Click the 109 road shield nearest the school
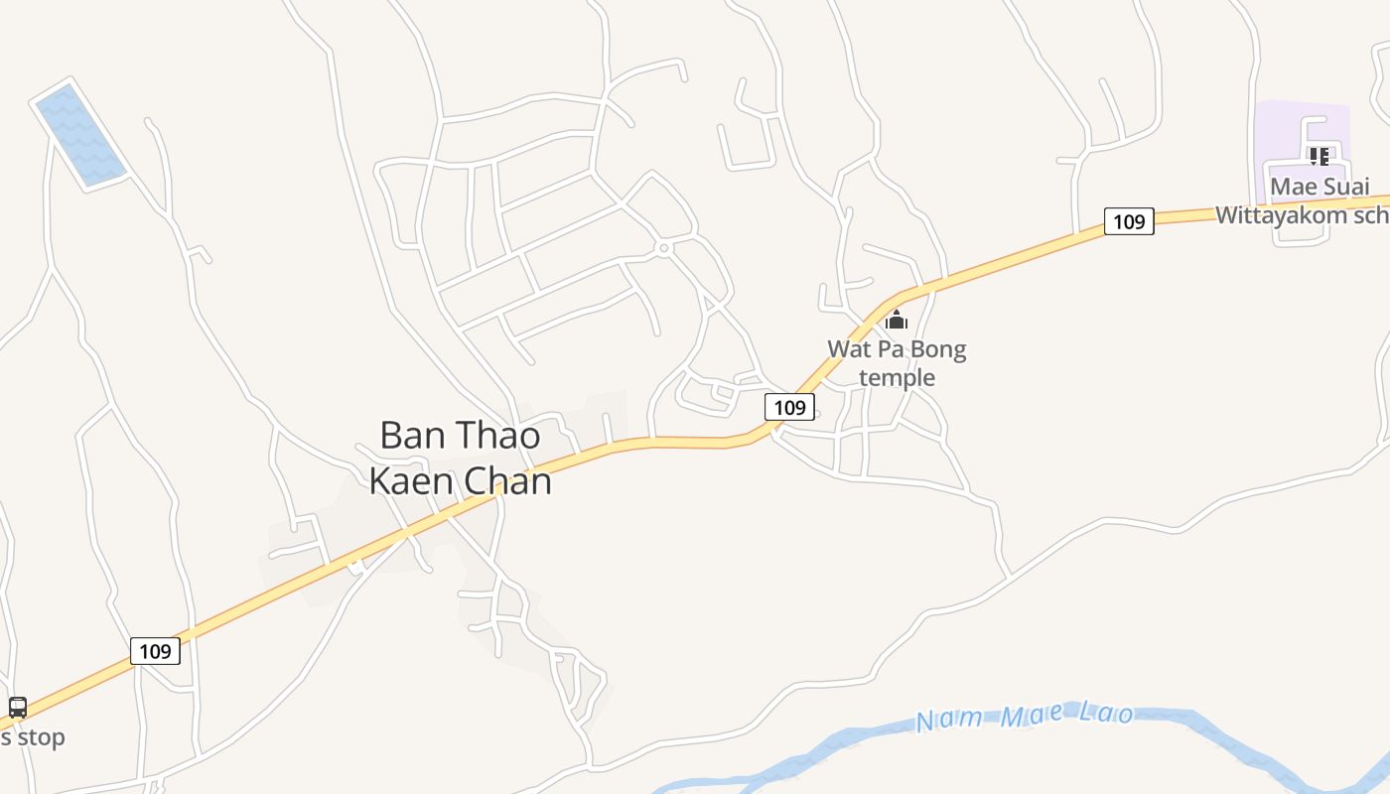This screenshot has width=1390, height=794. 1129,221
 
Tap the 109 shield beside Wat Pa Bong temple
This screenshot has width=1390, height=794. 789,407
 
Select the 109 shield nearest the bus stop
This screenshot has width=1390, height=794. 155,651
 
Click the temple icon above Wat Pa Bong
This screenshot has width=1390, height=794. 897,320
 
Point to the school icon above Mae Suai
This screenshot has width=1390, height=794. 1320,157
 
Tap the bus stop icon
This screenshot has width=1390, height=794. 18,708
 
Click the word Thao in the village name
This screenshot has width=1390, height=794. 498,436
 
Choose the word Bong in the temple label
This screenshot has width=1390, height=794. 938,349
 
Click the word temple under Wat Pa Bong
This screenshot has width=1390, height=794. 897,377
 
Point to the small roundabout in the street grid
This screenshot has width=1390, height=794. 663,247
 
